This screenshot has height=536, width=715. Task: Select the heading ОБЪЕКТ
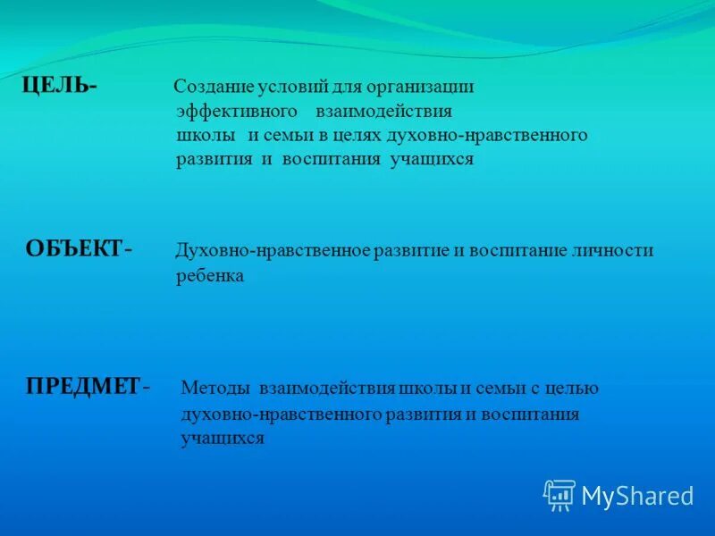pos(74,249)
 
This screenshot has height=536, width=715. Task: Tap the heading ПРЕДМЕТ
pos(83,386)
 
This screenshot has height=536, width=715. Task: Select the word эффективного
pos(237,112)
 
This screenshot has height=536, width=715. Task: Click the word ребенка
pos(210,276)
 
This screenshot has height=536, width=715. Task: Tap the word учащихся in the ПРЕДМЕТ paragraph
pos(223,439)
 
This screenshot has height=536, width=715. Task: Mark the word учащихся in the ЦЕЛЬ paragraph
pos(432,160)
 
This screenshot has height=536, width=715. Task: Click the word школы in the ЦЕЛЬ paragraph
pos(206,136)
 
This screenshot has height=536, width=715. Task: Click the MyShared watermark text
pos(637,496)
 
